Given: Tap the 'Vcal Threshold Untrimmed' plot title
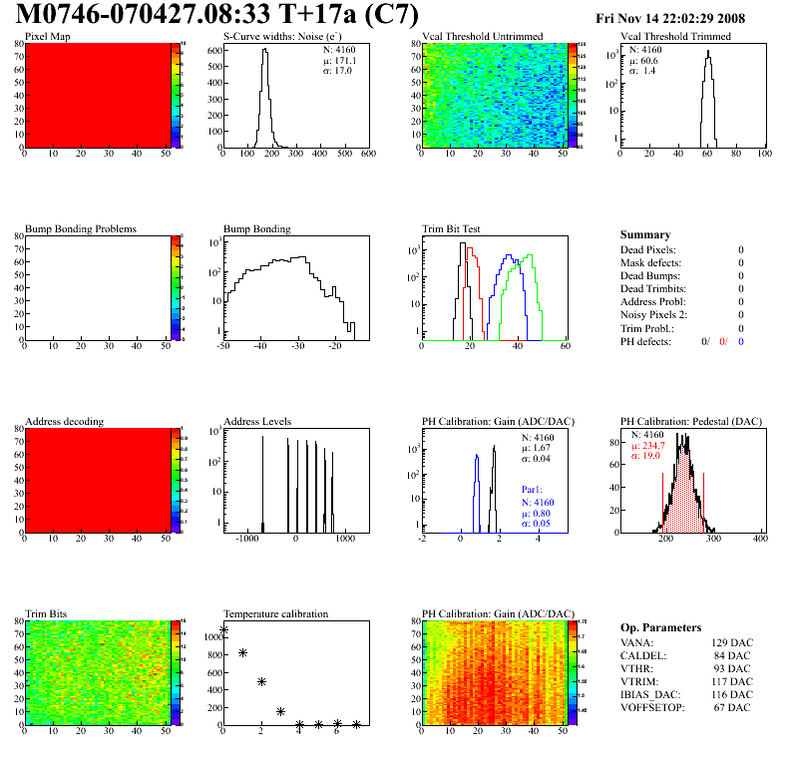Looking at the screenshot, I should pyautogui.click(x=483, y=37).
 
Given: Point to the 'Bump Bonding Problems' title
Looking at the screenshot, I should pyautogui.click(x=81, y=229).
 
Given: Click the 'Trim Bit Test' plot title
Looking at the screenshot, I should pyautogui.click(x=452, y=229).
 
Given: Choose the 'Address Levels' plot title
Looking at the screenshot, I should pyautogui.click(x=257, y=422).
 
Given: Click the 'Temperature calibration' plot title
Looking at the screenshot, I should pyautogui.click(x=275, y=614).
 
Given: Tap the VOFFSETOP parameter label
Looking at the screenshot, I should pyautogui.click(x=654, y=708).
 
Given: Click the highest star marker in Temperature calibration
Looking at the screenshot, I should pyautogui.click(x=224, y=630).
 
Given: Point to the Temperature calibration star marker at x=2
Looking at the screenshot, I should pyautogui.click(x=261, y=682).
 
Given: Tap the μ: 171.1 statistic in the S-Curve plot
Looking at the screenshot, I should pyautogui.click(x=339, y=60).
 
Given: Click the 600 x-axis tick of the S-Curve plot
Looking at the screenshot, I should pyautogui.click(x=367, y=155).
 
